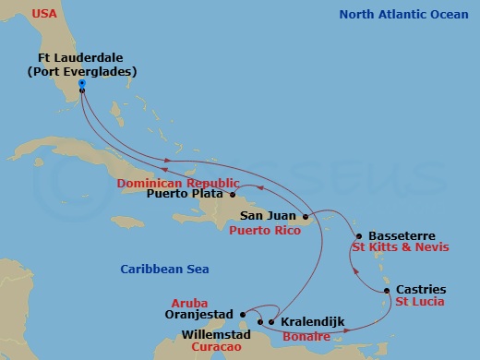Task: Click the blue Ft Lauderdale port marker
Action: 82,84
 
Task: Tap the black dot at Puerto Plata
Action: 233,195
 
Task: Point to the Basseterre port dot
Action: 358,235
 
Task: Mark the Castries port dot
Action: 386,291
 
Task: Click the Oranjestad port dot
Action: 242,311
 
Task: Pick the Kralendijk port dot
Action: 271,322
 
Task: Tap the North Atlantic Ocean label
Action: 404,14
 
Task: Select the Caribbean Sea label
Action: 164,269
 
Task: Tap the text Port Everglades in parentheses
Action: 81,71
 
